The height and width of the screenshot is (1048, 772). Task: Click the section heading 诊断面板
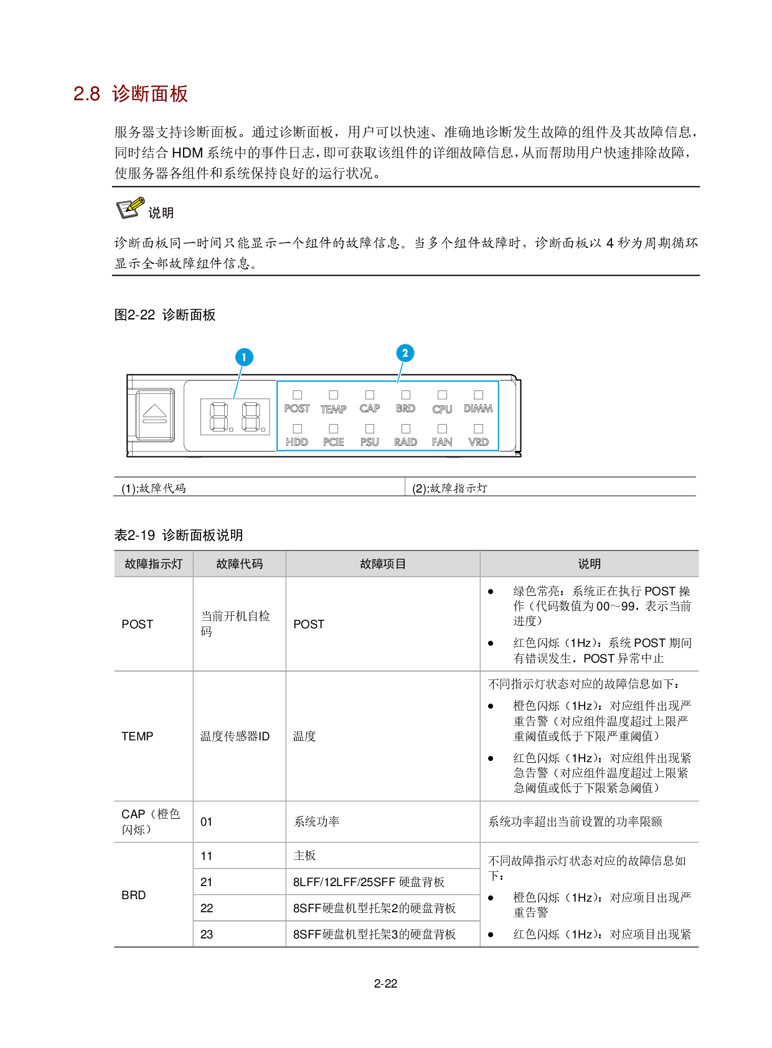(149, 94)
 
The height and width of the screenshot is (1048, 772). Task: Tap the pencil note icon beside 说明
(131, 208)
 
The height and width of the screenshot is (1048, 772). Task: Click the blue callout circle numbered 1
(244, 357)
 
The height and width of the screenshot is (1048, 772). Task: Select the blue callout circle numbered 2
(405, 353)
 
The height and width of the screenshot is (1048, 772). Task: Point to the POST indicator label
(297, 408)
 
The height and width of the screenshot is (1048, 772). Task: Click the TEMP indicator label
(333, 409)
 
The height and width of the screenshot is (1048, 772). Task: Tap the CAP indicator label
(369, 408)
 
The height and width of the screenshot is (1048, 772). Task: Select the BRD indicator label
(405, 408)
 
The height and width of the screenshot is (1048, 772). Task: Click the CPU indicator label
(442, 409)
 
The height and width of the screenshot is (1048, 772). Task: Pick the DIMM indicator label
(478, 408)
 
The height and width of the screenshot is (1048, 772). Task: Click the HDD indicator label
(297, 442)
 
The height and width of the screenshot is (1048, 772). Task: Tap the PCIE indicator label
(333, 442)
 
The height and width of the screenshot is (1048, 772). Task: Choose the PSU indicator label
(369, 442)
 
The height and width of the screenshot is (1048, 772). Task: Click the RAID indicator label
(405, 442)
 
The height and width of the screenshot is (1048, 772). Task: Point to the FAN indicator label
(442, 442)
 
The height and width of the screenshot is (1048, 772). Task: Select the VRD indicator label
(478, 442)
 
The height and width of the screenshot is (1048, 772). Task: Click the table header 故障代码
(240, 564)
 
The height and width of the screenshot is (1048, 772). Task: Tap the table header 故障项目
(383, 564)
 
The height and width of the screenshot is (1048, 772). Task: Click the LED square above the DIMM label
(478, 395)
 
